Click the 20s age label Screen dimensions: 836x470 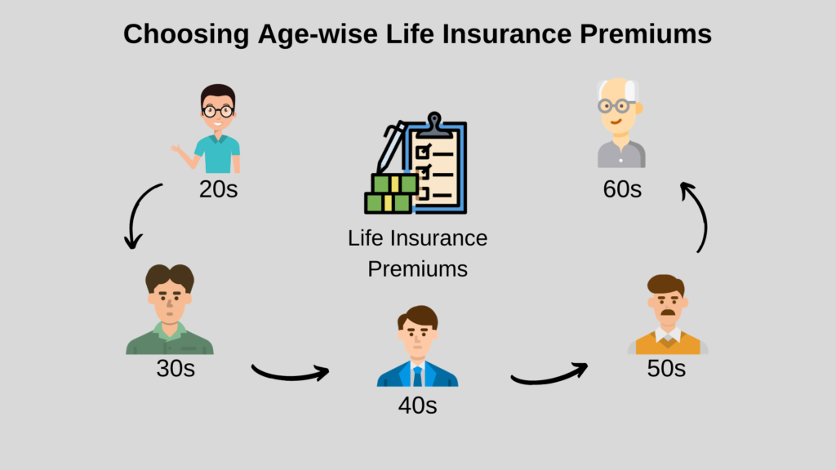[219, 189]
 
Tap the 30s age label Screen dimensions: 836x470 [176, 368]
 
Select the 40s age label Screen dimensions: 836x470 [417, 406]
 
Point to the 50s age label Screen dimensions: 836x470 [666, 368]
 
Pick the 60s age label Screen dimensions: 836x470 [622, 189]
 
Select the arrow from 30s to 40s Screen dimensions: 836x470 [291, 375]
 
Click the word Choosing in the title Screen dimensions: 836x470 [186, 34]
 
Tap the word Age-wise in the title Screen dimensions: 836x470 [318, 34]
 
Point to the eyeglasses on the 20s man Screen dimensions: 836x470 [217, 111]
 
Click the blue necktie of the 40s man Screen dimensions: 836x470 [417, 376]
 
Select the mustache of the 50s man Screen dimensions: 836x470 [668, 312]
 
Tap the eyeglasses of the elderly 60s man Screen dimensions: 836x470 [615, 106]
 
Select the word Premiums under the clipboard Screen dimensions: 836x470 [417, 269]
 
